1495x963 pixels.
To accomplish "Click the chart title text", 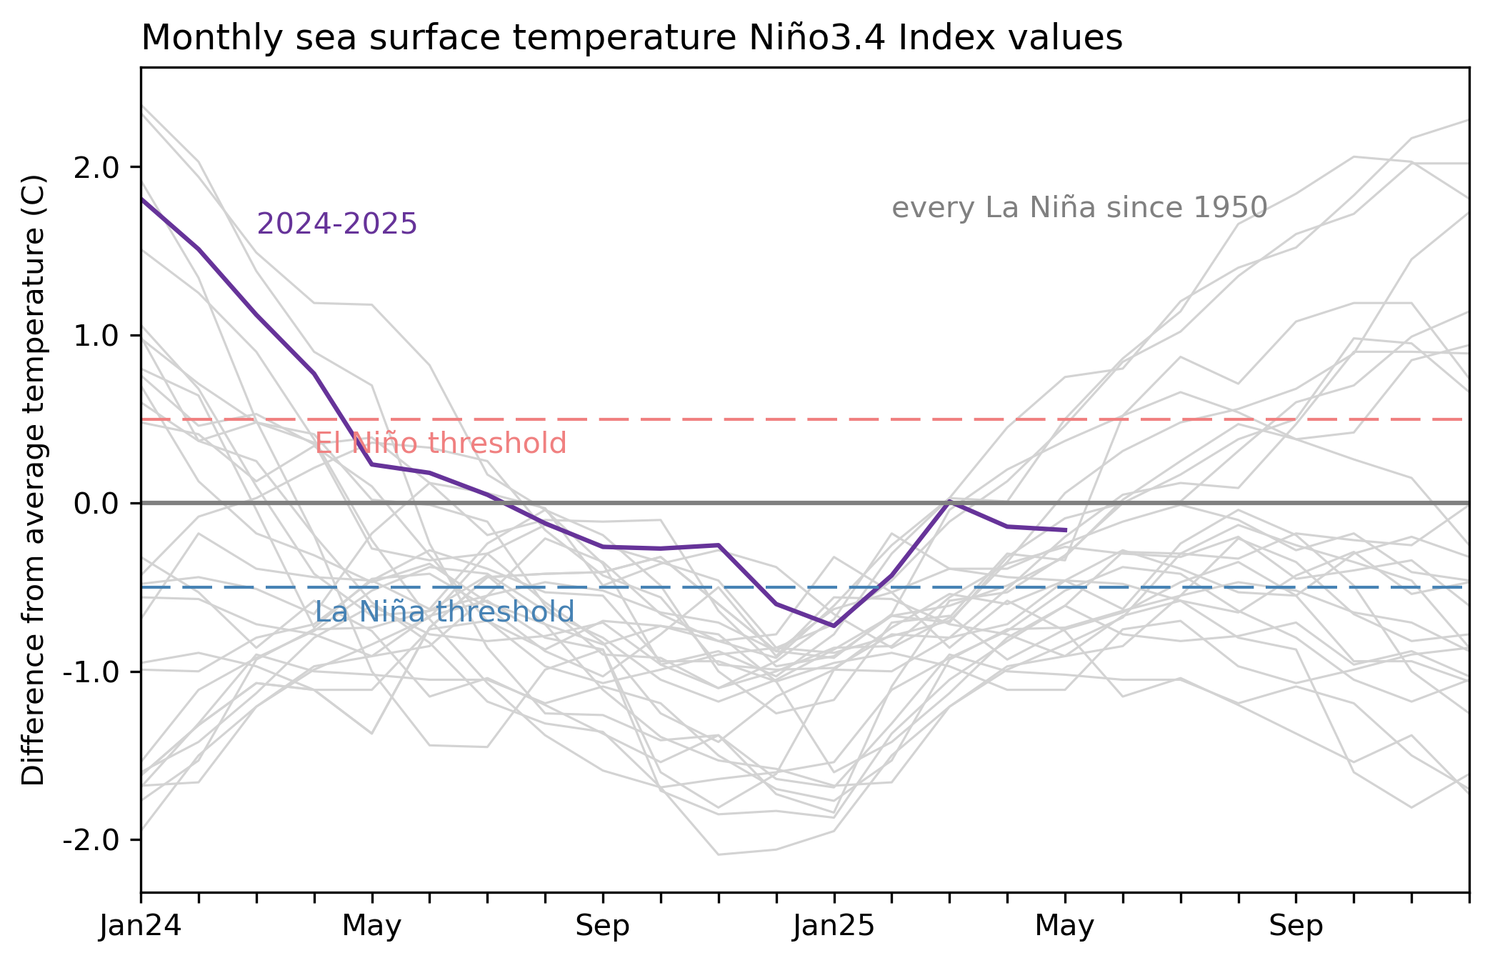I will click(x=631, y=38).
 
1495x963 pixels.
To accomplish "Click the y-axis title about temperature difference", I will click(x=34, y=479).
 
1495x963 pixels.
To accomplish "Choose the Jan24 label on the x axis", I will click(x=141, y=927).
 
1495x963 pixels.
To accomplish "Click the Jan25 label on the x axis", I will click(x=834, y=927).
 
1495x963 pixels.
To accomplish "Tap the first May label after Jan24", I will click(x=371, y=927).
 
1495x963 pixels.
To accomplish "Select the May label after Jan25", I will click(x=1064, y=927).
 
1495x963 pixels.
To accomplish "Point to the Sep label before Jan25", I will click(x=603, y=927).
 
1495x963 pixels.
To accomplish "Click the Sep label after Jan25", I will click(x=1296, y=927).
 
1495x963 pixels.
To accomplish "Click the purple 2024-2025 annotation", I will click(x=336, y=224).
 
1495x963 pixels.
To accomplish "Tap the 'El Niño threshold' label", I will click(x=441, y=444).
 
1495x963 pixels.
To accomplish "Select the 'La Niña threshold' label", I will click(x=444, y=612).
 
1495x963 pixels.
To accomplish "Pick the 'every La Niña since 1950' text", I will click(x=1079, y=208).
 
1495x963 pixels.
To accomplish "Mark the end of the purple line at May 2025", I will click(x=1066, y=530).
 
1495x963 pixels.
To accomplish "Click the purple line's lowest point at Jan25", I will click(x=834, y=626).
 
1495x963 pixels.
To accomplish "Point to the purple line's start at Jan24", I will click(x=142, y=199).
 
